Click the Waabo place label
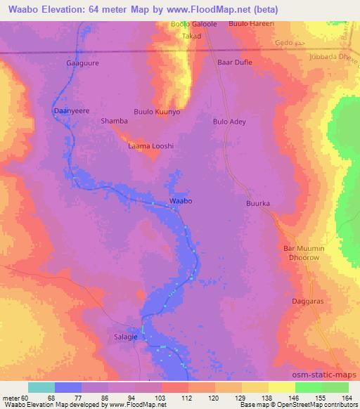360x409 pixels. [x=181, y=201]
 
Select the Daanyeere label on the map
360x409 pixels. [x=72, y=111]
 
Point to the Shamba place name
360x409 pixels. [x=115, y=121]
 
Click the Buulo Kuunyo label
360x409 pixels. [x=157, y=112]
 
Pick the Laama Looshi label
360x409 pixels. [x=150, y=146]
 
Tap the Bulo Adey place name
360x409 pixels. [x=229, y=122]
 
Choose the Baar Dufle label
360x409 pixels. [x=235, y=63]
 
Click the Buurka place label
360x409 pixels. [x=258, y=204]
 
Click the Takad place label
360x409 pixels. [x=191, y=36]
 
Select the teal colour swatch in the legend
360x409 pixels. [x=41, y=387]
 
